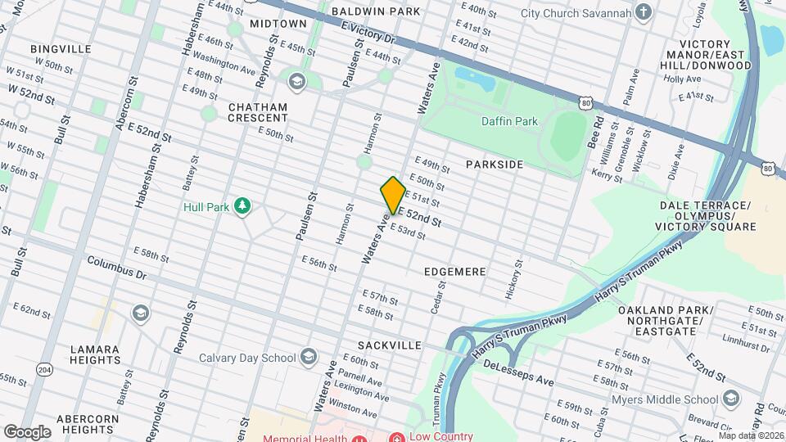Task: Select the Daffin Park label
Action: point(509,121)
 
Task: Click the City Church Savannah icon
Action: point(644,12)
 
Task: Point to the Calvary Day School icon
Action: point(308,357)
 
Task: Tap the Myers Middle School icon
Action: point(730,399)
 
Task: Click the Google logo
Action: point(27,431)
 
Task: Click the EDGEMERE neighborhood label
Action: point(455,271)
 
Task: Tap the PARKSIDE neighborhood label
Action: point(495,165)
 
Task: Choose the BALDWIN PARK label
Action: point(376,11)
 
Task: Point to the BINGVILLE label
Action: point(61,49)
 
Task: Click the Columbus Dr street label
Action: point(118,268)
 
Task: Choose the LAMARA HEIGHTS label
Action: point(95,354)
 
